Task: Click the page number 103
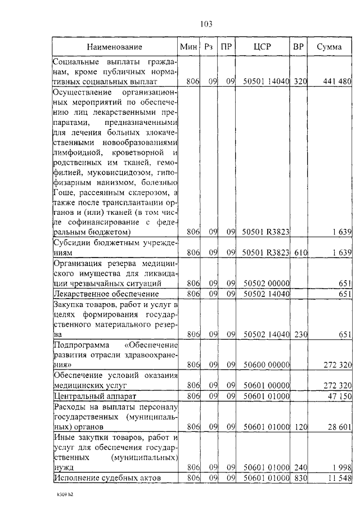pos(205,24)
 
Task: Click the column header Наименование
pos(114,47)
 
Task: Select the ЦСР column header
pos(262,47)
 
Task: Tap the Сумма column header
pos(329,47)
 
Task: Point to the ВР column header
pos(299,47)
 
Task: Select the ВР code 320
pos(300,82)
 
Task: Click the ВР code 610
pos(300,253)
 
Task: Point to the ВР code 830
pos(300,478)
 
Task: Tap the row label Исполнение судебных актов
pos(107,478)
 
